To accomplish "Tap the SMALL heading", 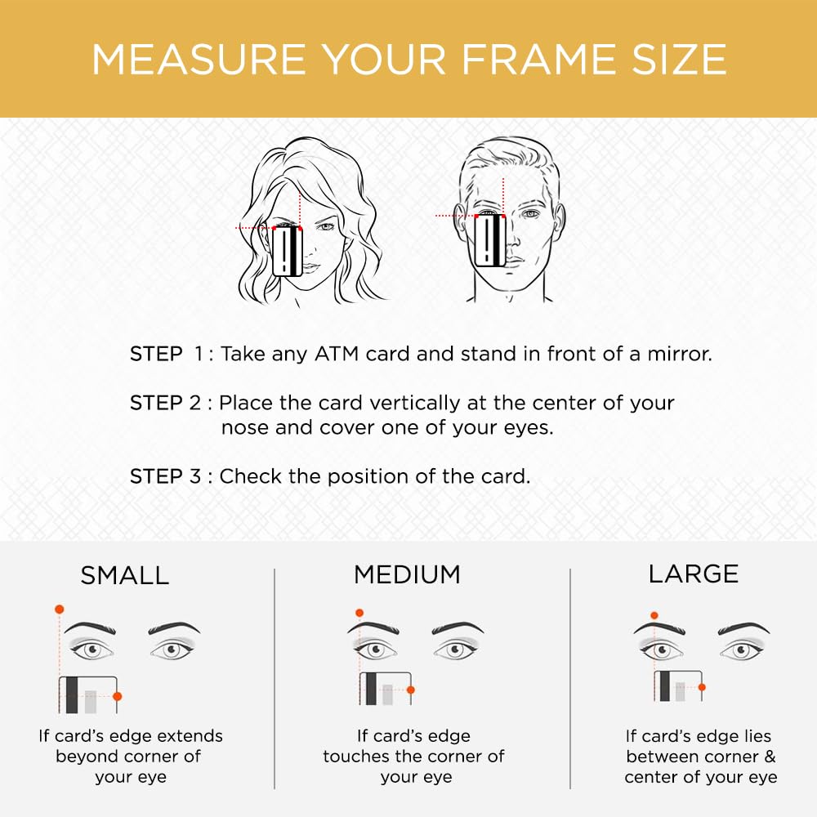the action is click(x=125, y=576).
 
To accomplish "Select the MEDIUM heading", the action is click(x=407, y=574).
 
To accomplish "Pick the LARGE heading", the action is click(x=694, y=574).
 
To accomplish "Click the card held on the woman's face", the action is click(x=288, y=251).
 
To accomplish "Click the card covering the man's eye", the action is click(x=490, y=240).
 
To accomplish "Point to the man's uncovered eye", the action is click(x=530, y=213).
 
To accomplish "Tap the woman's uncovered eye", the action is click(x=326, y=226).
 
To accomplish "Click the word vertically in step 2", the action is click(x=415, y=404).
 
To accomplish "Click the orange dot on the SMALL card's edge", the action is click(x=117, y=696).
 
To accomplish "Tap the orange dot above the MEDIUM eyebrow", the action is click(x=359, y=613).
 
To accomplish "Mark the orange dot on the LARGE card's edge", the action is click(x=702, y=687).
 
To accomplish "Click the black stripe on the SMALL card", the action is click(x=72, y=695).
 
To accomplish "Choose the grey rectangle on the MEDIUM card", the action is click(x=387, y=694).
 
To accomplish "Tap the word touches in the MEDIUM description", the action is click(x=356, y=756).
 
